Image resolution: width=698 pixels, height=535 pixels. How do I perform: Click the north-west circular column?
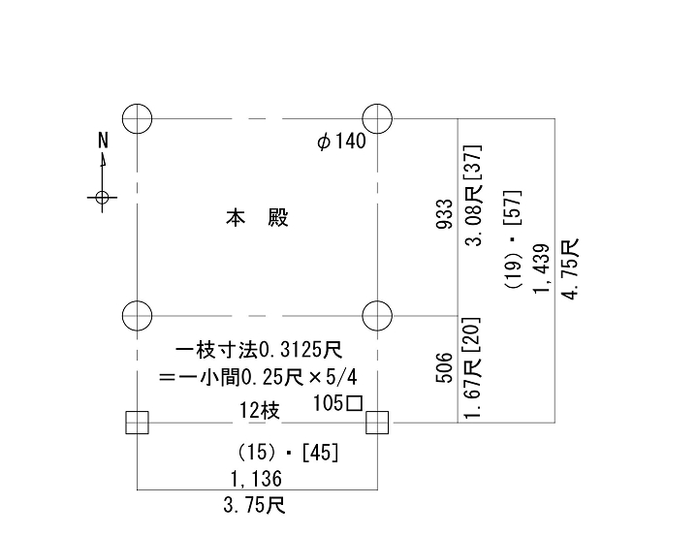click(x=138, y=119)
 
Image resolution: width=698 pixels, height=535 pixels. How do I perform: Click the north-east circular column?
click(x=377, y=119)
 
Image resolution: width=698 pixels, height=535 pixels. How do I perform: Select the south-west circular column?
click(x=138, y=315)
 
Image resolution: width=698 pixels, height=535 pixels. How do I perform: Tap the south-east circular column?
click(x=377, y=315)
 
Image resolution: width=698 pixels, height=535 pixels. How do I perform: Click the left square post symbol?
click(x=137, y=423)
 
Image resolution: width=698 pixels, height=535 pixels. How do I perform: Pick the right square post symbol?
click(x=377, y=423)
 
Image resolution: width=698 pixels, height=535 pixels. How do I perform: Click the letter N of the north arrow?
click(x=103, y=141)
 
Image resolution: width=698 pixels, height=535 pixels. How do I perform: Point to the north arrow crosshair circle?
click(x=102, y=198)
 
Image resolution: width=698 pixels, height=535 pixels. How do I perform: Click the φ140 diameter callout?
click(x=341, y=142)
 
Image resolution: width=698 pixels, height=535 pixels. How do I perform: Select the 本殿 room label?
click(x=258, y=218)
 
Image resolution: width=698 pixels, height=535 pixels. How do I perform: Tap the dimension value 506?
click(x=443, y=369)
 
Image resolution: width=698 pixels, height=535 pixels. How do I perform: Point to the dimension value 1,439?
click(x=541, y=268)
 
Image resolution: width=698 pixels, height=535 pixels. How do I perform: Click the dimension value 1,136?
click(x=256, y=478)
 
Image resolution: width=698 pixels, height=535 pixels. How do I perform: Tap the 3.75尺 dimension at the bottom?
click(x=254, y=505)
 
